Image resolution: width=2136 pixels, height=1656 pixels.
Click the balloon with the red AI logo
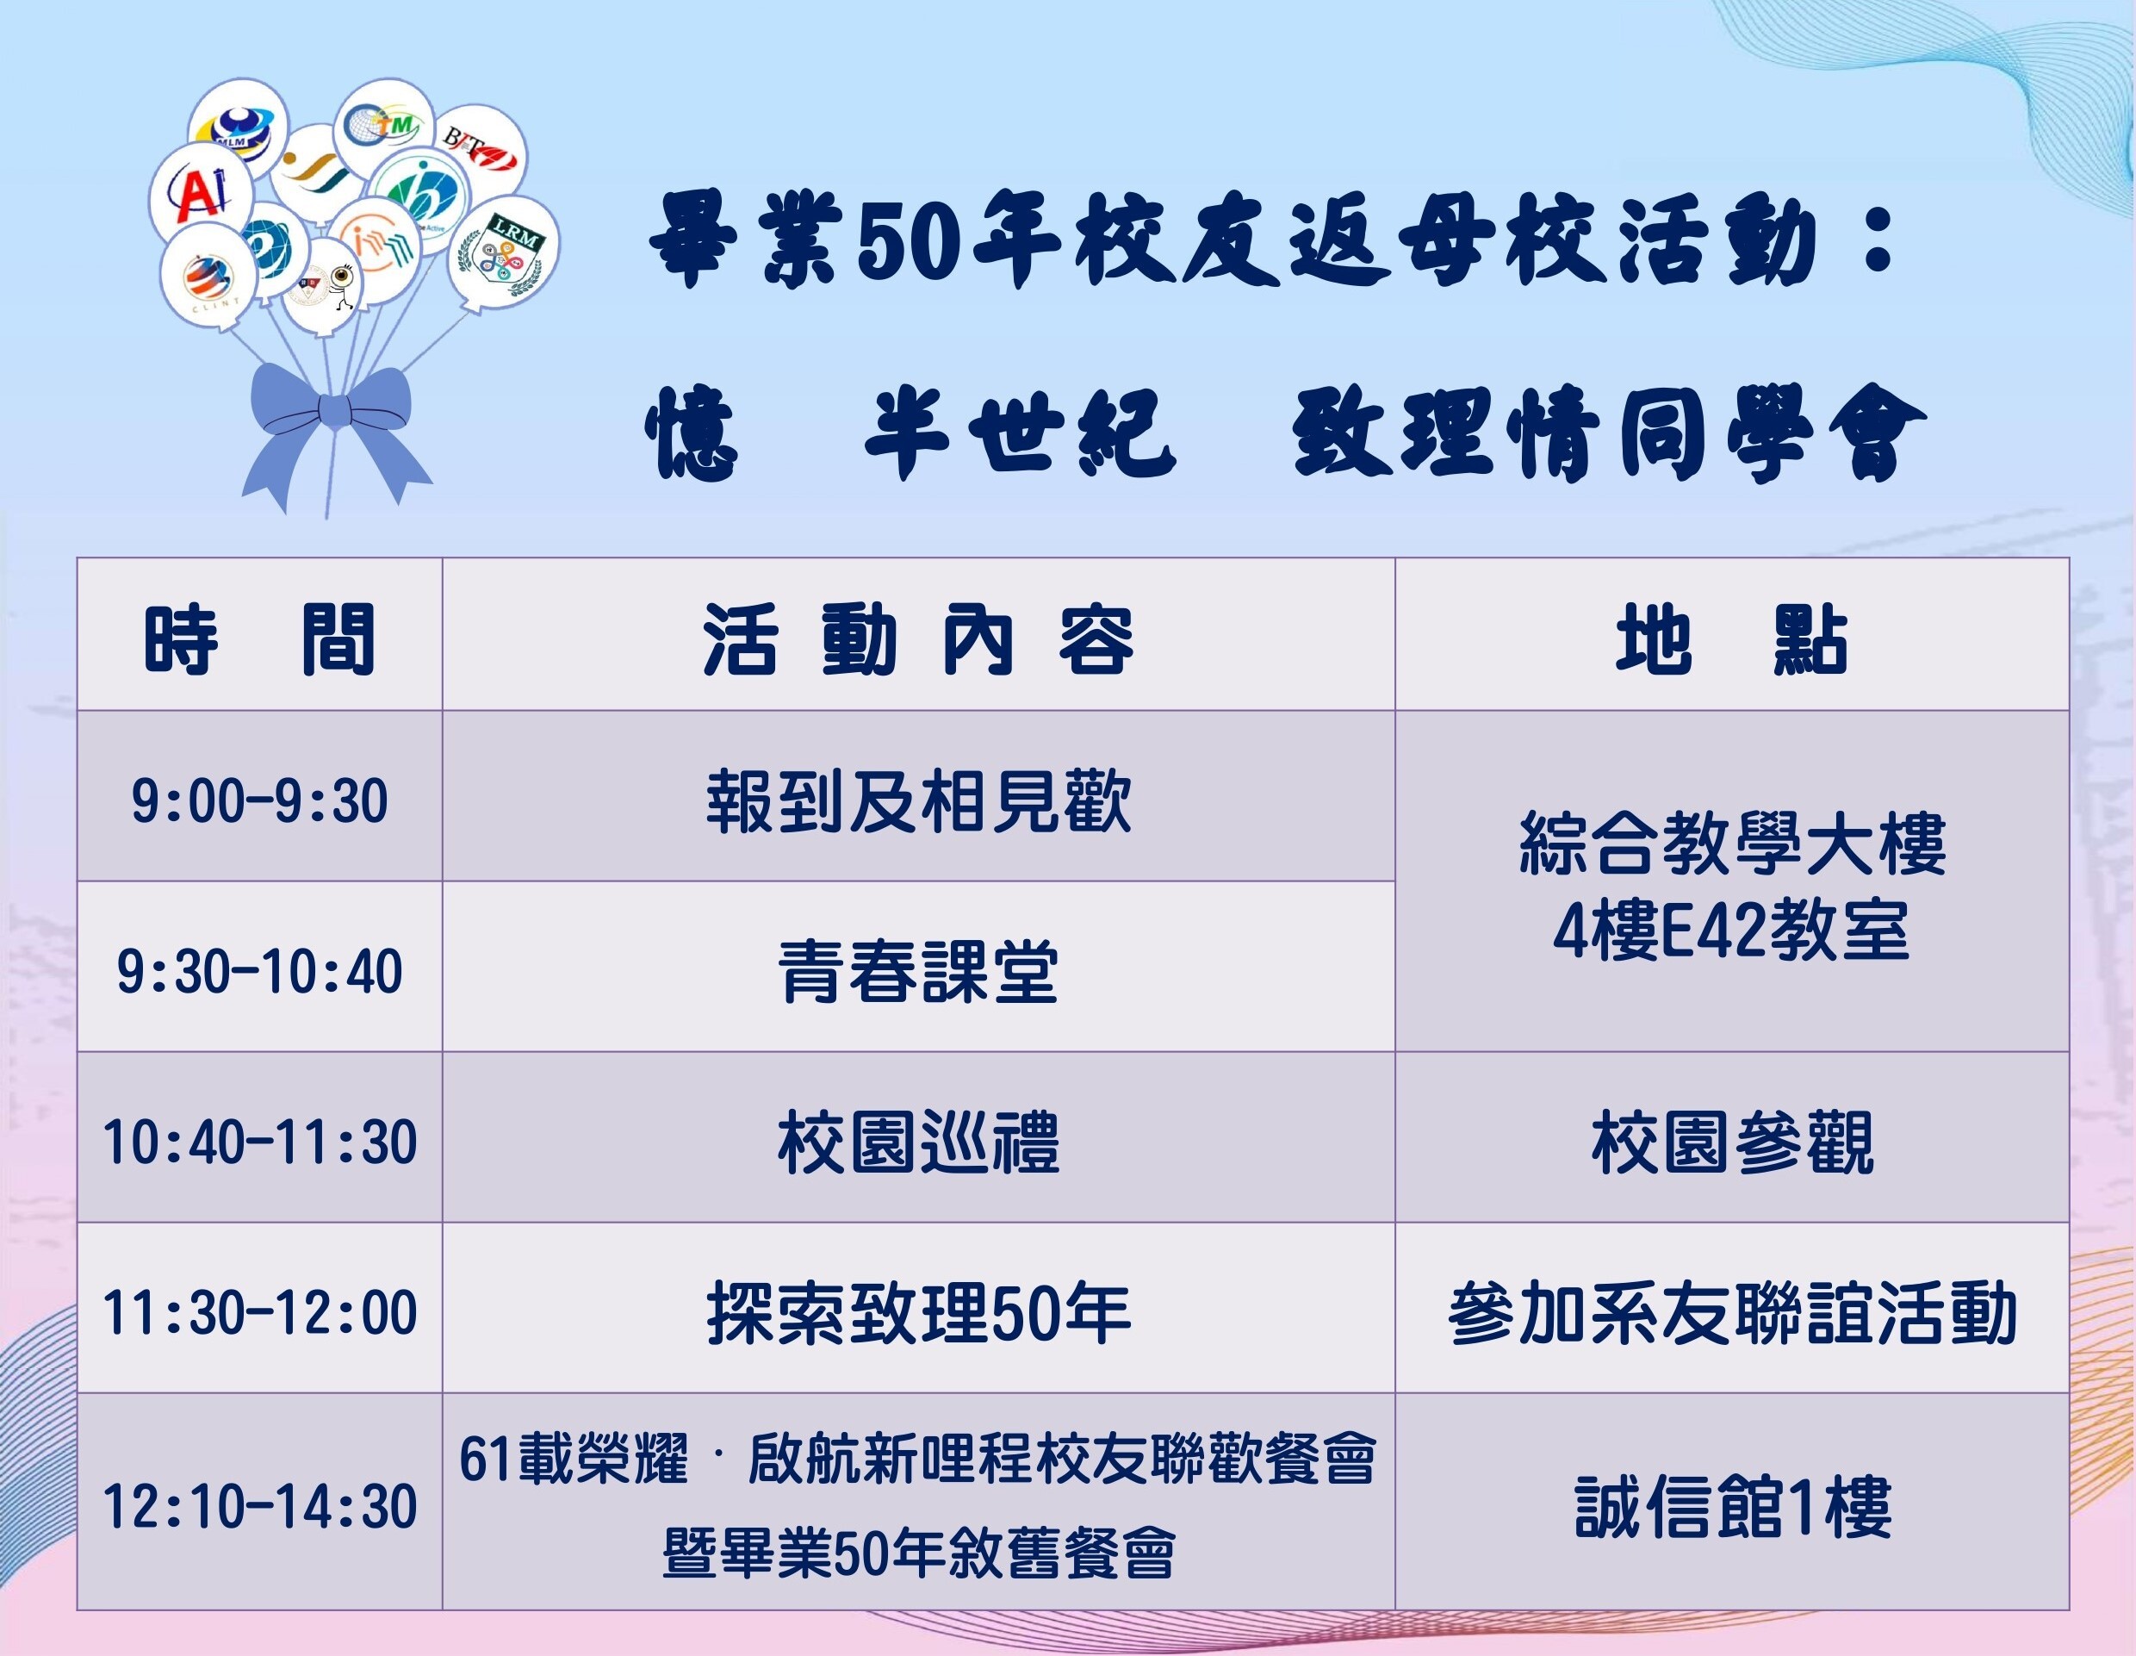[200, 193]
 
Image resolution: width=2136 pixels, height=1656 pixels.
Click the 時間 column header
[260, 641]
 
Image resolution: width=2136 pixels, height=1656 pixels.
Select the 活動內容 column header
[918, 641]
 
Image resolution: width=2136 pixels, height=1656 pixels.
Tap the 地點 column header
[1732, 641]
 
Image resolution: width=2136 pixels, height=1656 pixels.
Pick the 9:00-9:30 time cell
[259, 801]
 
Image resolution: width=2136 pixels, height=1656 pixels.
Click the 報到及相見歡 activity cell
[918, 801]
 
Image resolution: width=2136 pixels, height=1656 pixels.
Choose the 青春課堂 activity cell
[918, 971]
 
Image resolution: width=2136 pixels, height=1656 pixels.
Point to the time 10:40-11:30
[260, 1142]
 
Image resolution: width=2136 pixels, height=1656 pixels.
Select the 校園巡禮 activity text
[918, 1142]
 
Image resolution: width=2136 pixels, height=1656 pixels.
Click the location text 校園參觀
[1732, 1142]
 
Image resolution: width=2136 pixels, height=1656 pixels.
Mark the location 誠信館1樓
[1732, 1507]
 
